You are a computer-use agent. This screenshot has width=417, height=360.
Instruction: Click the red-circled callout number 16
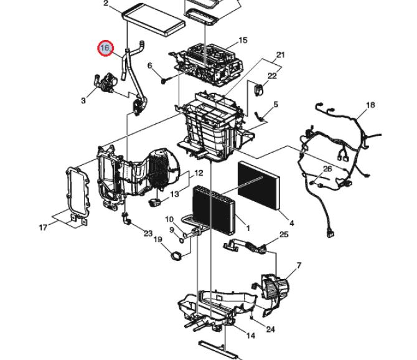(x=106, y=49)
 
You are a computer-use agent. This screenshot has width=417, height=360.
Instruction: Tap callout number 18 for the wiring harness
(x=370, y=105)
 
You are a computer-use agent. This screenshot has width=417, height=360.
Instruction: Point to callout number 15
(x=243, y=40)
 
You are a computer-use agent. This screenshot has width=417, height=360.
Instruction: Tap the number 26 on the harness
(x=327, y=169)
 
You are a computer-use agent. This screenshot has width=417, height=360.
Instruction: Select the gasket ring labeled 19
(x=176, y=256)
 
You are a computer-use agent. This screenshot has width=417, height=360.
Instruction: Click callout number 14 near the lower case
(x=250, y=336)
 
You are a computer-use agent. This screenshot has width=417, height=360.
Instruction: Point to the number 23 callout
(x=148, y=234)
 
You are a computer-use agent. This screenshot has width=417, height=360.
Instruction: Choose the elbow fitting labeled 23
(x=126, y=219)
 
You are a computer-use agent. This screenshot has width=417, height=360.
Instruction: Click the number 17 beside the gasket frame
(x=43, y=227)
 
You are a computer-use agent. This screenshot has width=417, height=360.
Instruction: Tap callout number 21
(x=281, y=55)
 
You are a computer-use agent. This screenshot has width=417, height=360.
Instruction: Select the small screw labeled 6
(x=164, y=80)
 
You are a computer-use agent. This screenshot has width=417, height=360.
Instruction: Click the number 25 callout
(x=284, y=234)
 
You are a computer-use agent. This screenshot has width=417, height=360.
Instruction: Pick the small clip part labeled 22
(x=258, y=90)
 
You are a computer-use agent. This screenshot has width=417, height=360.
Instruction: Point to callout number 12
(x=199, y=173)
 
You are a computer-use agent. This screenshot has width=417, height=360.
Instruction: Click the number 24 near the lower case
(x=270, y=329)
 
